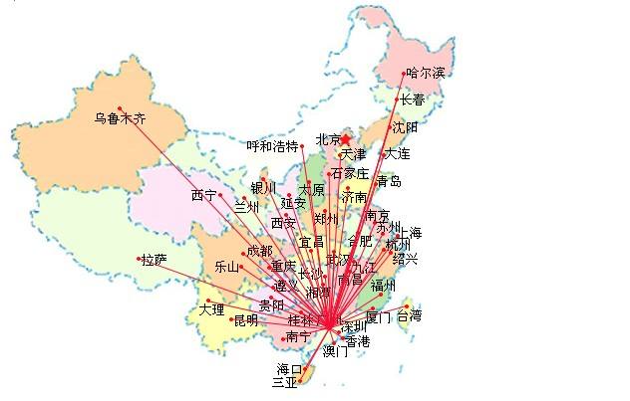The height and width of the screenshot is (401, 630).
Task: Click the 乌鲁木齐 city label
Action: click(x=120, y=118)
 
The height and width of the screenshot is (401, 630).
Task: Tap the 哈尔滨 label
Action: click(x=426, y=75)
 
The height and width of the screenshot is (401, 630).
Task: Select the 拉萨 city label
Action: click(x=154, y=261)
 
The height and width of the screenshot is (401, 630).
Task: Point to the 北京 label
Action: click(x=328, y=139)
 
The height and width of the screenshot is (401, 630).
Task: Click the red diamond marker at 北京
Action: click(x=346, y=139)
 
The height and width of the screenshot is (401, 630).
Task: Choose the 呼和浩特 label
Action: click(x=272, y=146)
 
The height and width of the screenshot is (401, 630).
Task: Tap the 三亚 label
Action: click(x=283, y=382)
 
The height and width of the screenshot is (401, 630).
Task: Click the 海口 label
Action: click(x=289, y=369)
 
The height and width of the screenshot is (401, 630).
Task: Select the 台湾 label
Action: click(x=409, y=316)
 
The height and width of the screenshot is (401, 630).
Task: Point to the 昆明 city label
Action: click(x=245, y=320)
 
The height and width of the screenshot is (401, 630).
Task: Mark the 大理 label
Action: click(x=211, y=309)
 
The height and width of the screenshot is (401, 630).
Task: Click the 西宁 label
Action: click(x=203, y=195)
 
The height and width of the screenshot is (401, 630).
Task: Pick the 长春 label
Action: click(x=412, y=100)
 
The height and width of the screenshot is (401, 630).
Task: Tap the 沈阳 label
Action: click(x=405, y=127)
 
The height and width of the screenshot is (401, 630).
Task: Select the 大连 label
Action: click(x=397, y=154)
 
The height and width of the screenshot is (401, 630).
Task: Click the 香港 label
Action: click(x=357, y=341)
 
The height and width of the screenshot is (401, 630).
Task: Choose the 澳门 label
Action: click(x=336, y=351)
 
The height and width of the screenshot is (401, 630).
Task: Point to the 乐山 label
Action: click(x=227, y=267)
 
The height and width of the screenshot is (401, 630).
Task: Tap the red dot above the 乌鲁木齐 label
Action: click(x=120, y=107)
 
